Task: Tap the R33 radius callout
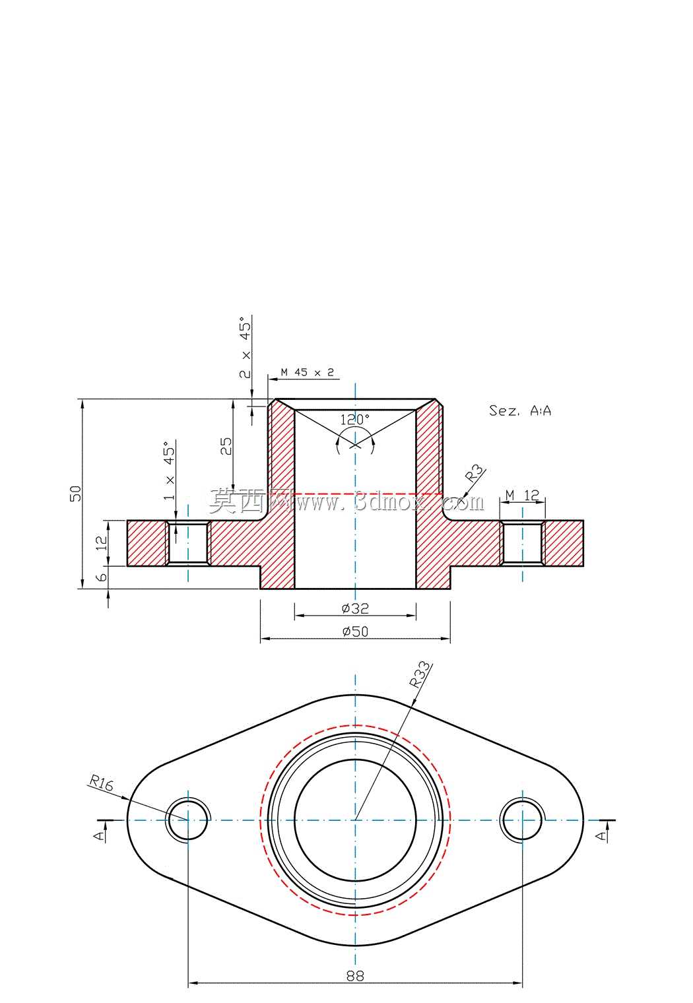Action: coord(419,675)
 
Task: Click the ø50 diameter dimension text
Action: coord(355,631)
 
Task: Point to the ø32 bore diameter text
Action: coord(355,608)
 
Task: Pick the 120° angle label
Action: coord(355,420)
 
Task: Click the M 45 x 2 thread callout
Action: coord(308,372)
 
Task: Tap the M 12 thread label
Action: coord(522,495)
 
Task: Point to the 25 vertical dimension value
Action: coord(226,447)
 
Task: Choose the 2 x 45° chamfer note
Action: coord(245,348)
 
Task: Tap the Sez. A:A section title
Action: coord(519,410)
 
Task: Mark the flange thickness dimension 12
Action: coord(102,542)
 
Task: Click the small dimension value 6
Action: coord(102,576)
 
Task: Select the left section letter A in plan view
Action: coord(101,835)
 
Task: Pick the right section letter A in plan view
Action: coord(603,835)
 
